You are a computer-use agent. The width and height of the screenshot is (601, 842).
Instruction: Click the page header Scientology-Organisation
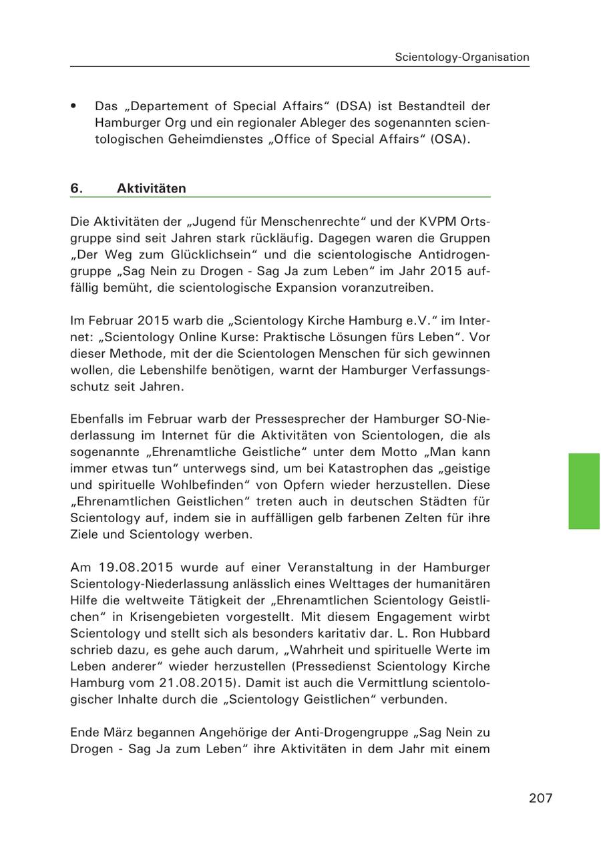461,57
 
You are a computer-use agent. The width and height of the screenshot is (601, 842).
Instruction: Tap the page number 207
541,798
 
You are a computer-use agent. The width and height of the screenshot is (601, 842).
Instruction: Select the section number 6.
76,188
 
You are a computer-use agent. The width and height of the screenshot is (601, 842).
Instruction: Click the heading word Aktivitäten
151,188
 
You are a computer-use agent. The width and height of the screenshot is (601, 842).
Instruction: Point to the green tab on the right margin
584,491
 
